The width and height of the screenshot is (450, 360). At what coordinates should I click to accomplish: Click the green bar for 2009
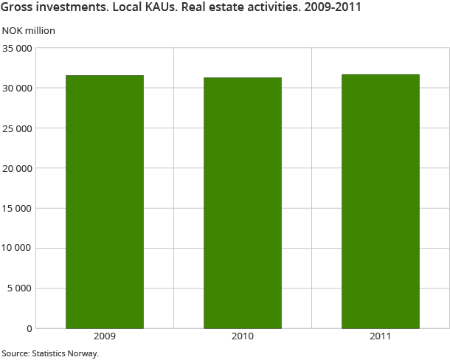coord(105,201)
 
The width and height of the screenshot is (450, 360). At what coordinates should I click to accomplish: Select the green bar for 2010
coord(243,203)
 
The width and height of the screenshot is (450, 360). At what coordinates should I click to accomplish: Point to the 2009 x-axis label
coord(105,336)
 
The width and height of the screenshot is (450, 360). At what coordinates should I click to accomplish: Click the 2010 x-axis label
coord(243,336)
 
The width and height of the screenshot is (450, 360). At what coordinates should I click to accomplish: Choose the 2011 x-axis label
coord(381,336)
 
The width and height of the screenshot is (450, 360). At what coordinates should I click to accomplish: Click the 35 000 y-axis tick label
coord(17,49)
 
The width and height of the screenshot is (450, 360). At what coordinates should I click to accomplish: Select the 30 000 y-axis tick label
coord(17,89)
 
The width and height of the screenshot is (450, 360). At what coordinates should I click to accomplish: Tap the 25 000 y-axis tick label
coord(17,128)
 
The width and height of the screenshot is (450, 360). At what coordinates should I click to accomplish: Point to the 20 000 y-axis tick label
coord(17,168)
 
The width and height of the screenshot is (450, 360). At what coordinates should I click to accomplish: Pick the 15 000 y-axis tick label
coord(17,208)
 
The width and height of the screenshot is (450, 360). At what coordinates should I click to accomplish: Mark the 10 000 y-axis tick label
coord(17,248)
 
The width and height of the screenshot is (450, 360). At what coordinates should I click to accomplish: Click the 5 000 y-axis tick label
coord(20,288)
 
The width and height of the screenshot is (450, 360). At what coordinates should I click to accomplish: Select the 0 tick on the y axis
coord(30,328)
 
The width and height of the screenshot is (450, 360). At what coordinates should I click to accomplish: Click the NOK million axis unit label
coord(29,31)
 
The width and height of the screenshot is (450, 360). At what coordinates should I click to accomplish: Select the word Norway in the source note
coord(83,353)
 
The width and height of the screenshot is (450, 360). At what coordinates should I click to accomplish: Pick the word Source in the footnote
coord(14,353)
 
